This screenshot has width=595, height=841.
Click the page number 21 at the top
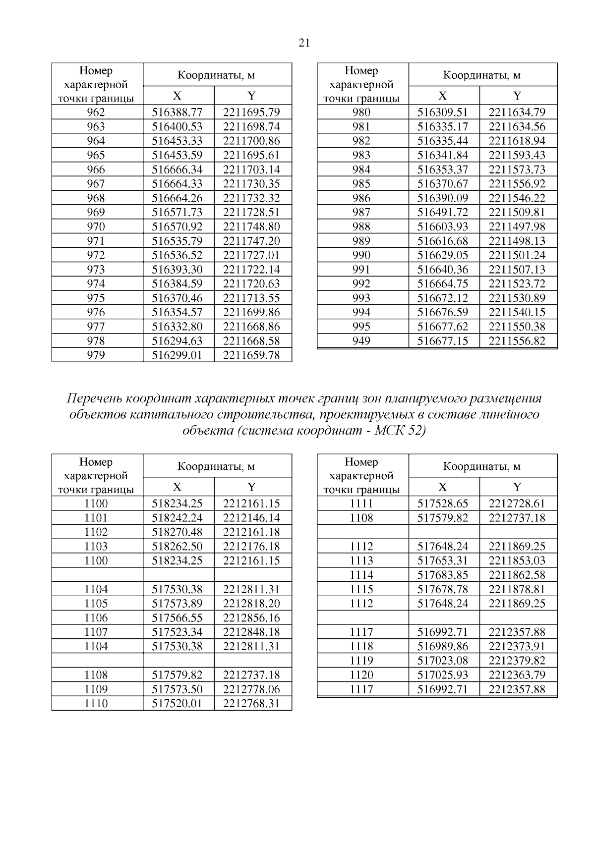[x=304, y=43]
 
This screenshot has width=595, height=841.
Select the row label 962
[x=96, y=112]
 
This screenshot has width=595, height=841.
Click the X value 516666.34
[x=177, y=169]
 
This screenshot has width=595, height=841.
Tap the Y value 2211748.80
[x=251, y=226]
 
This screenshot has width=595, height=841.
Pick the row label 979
[x=96, y=355]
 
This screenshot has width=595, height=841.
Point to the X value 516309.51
[x=442, y=112]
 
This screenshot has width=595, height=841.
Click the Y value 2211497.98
[x=517, y=226]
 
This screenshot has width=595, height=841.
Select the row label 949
[x=361, y=341]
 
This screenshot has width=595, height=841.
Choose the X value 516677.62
[x=442, y=327]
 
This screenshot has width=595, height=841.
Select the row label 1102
[x=96, y=532]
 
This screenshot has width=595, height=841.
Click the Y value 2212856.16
[x=251, y=618]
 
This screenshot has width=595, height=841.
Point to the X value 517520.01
[x=177, y=704]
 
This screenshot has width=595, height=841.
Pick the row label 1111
[x=361, y=504]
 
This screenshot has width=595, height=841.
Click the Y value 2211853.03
[x=517, y=561]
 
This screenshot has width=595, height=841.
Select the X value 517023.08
[x=442, y=661]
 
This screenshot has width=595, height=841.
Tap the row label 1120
[x=361, y=675]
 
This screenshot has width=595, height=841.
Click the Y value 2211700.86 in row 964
[x=251, y=141]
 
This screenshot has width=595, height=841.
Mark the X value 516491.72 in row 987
[x=442, y=212]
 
